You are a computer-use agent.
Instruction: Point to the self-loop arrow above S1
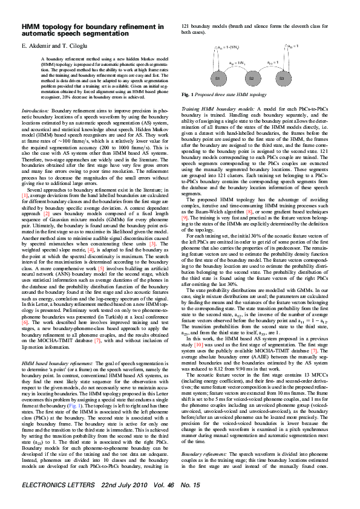click(x=217, y=54)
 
